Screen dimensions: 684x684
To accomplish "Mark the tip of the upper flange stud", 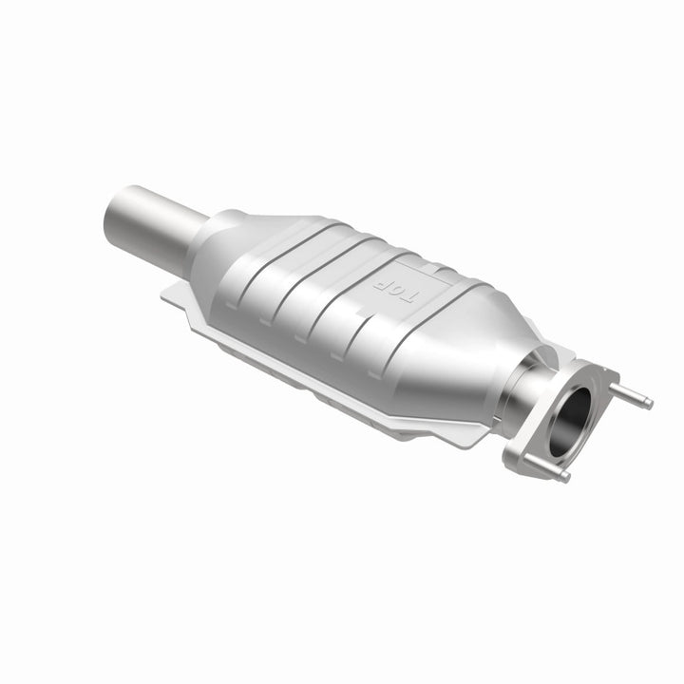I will tap(650, 405).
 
